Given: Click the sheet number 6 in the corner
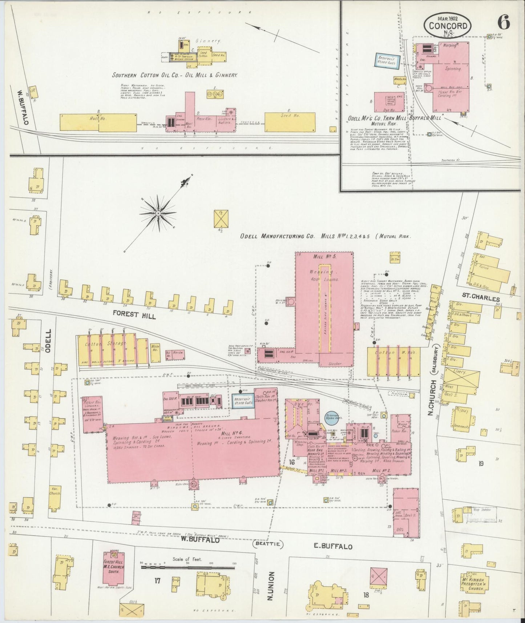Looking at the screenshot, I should [x=504, y=23].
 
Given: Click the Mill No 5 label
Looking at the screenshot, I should [x=323, y=257].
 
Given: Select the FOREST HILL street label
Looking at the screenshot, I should [x=134, y=314].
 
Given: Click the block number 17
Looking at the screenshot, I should [x=157, y=580].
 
